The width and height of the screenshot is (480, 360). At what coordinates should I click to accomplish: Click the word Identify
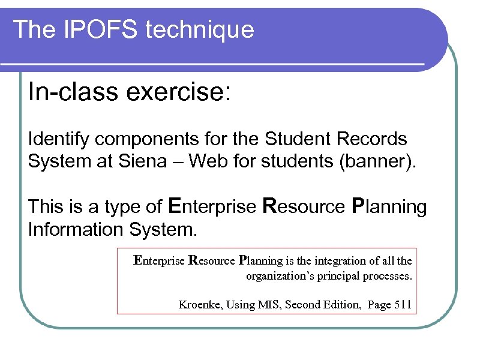coord(59,140)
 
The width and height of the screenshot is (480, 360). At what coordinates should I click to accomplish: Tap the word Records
coord(372,139)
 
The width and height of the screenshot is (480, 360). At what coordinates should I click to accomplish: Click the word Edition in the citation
coord(343,305)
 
